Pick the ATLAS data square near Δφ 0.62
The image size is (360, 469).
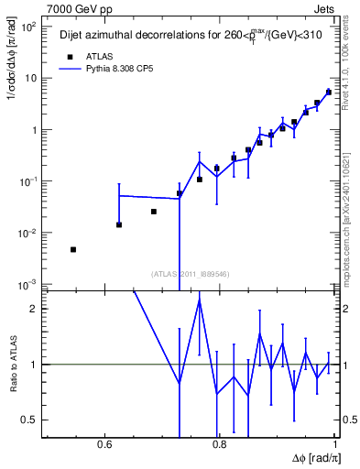pos(119,224)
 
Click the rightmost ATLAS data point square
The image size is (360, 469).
pos(329,92)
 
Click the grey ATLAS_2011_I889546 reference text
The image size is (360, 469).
pos(190,273)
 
